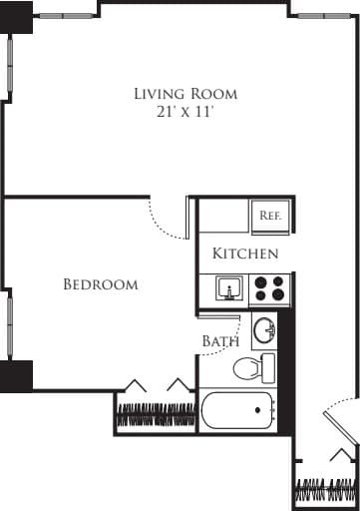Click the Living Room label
pyautogui.click(x=186, y=94)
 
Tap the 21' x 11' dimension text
pyautogui.click(x=186, y=113)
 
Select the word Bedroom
pyautogui.click(x=101, y=285)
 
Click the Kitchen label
pyautogui.click(x=245, y=255)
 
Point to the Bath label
pyautogui.click(x=220, y=341)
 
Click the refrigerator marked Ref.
pyautogui.click(x=270, y=216)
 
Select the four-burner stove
pyautogui.click(x=268, y=289)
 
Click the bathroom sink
pyautogui.click(x=264, y=328)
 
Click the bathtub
pyautogui.click(x=237, y=411)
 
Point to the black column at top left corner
pyautogui.click(x=17, y=11)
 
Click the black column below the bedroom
pyautogui.click(x=17, y=376)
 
